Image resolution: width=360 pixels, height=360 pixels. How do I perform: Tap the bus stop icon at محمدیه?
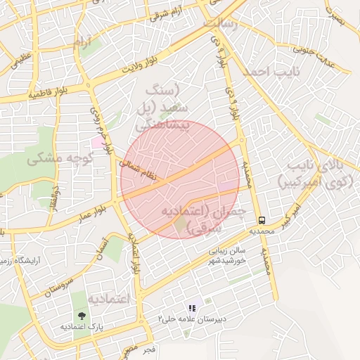click(x=262, y=219)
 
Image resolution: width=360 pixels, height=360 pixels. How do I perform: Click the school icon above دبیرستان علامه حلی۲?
click(x=191, y=307)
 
